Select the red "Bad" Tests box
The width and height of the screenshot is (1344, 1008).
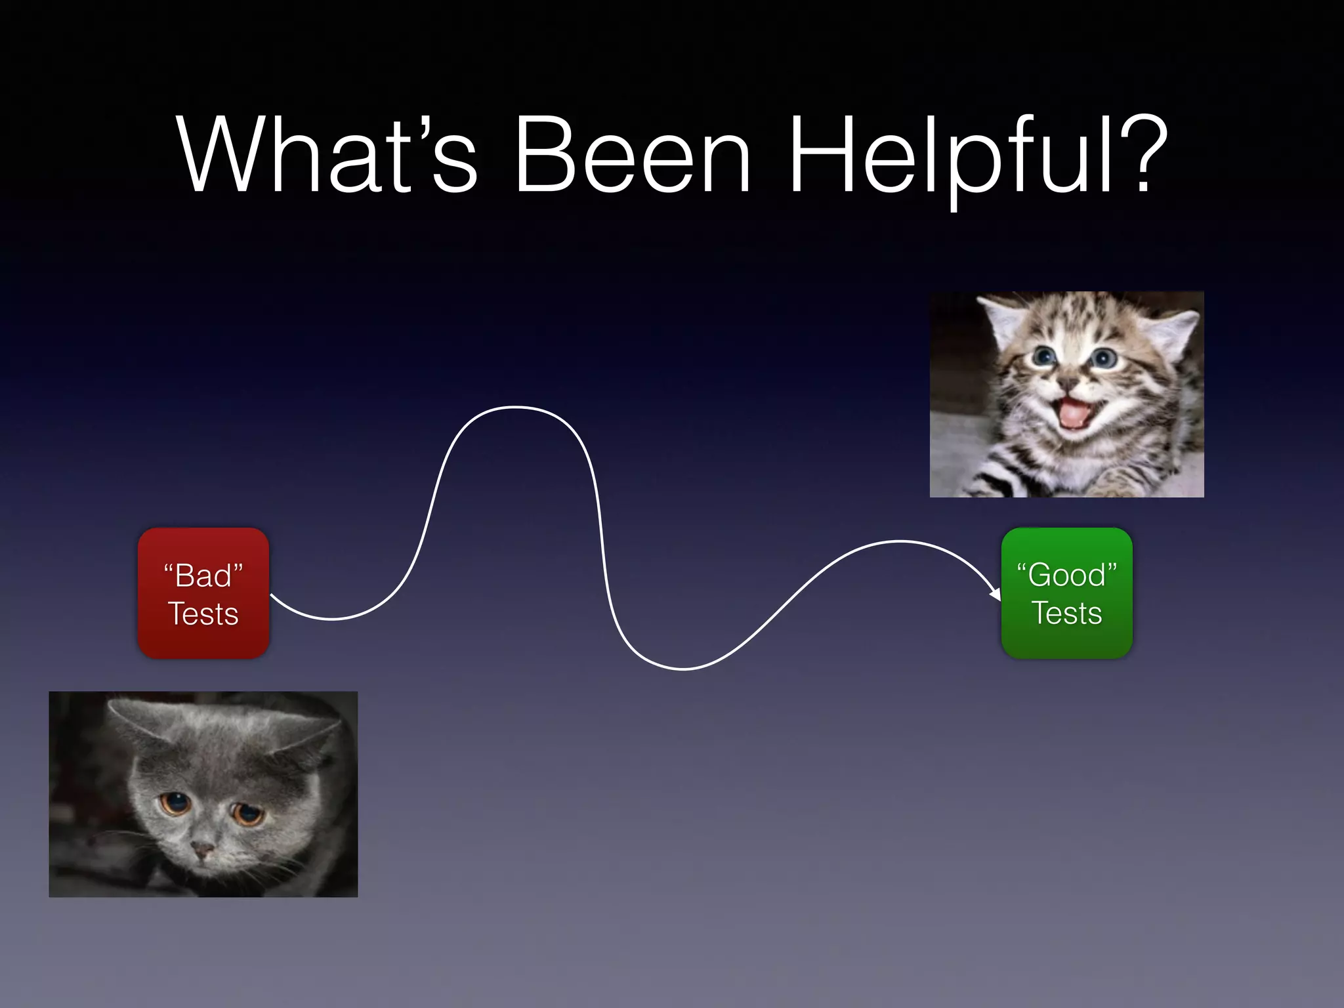click(x=203, y=593)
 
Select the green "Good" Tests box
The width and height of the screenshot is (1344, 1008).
click(x=1066, y=593)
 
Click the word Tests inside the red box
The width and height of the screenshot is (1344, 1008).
click(x=203, y=614)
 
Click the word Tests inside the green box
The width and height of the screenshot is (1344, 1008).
click(x=1066, y=614)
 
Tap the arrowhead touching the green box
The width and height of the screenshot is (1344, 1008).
click(x=995, y=594)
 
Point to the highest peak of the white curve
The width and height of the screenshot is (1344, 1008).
click(x=516, y=408)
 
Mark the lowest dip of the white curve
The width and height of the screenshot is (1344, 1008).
click(x=682, y=669)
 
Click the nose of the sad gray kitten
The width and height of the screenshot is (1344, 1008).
click(x=201, y=850)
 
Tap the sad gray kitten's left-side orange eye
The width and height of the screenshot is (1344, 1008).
click(x=175, y=803)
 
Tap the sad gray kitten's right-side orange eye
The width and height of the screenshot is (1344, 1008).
click(x=248, y=814)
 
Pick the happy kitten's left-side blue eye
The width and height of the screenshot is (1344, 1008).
click(x=1043, y=357)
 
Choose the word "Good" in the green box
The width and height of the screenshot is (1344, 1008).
click(x=1066, y=576)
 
